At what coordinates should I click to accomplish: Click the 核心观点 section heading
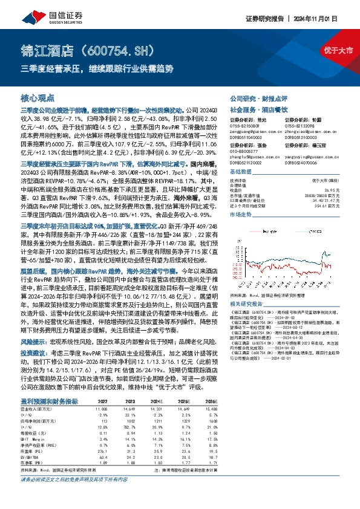click(38, 97)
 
